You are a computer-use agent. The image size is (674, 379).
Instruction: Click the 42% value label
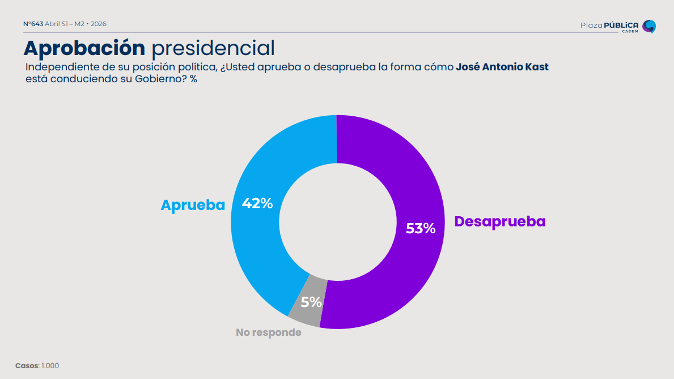pyautogui.click(x=257, y=203)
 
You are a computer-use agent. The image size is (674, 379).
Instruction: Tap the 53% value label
pyautogui.click(x=421, y=228)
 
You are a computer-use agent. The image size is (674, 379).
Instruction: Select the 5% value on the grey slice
pyautogui.click(x=311, y=302)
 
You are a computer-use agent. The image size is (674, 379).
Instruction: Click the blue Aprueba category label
pyautogui.click(x=193, y=205)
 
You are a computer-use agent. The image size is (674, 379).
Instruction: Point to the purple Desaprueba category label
pyautogui.click(x=499, y=221)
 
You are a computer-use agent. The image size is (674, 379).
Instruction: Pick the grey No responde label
pyautogui.click(x=268, y=332)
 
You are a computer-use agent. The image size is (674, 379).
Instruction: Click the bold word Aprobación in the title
pyautogui.click(x=84, y=48)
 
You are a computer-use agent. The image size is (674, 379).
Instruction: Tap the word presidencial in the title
pyautogui.click(x=213, y=48)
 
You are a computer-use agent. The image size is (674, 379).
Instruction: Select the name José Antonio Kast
pyautogui.click(x=502, y=67)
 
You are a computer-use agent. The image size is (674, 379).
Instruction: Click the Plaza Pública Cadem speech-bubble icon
pyautogui.click(x=649, y=26)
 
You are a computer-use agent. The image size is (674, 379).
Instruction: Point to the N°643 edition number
pyautogui.click(x=33, y=24)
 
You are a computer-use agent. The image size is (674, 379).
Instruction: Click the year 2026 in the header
pyautogui.click(x=99, y=24)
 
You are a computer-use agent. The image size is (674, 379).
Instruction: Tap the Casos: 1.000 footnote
pyautogui.click(x=37, y=365)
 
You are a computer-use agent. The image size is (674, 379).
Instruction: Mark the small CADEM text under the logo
pyautogui.click(x=630, y=32)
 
